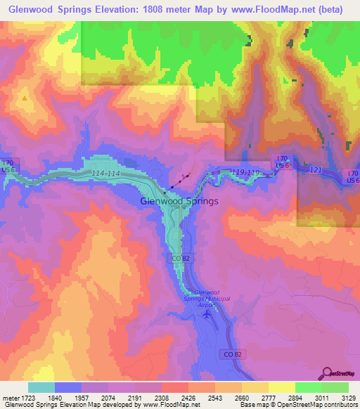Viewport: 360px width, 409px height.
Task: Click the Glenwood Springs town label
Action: pos(179,201)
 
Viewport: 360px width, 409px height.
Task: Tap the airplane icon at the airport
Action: pos(206,314)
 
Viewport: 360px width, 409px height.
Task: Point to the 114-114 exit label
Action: pos(105,174)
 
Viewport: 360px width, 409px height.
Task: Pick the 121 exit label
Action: pos(315,171)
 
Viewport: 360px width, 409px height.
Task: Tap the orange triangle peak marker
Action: pos(25,98)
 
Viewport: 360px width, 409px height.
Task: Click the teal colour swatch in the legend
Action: pos(41,387)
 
